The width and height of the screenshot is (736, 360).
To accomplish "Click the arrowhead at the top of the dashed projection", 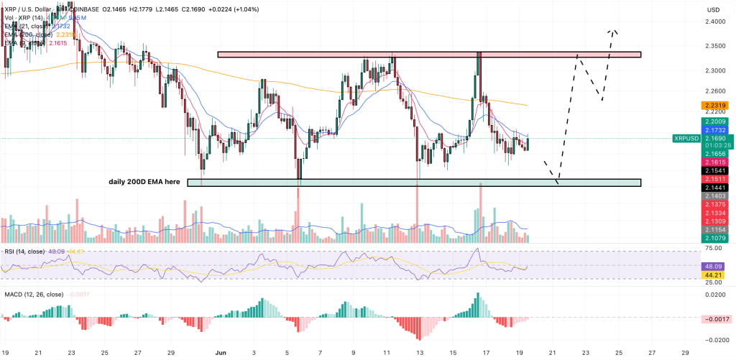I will [612, 31].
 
